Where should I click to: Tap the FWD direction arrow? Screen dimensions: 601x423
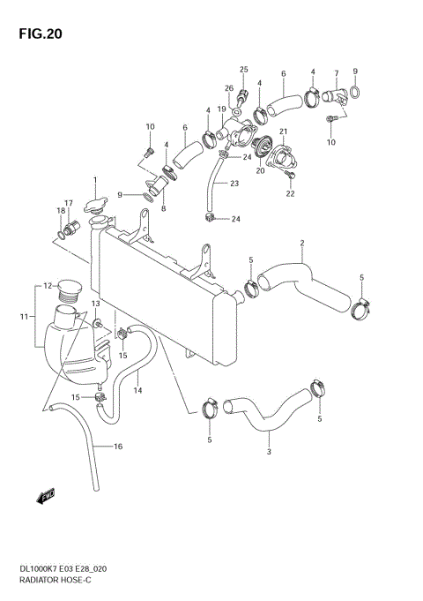click(x=46, y=499)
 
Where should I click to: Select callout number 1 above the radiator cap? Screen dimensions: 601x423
click(x=94, y=180)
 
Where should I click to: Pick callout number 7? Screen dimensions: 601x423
click(x=336, y=73)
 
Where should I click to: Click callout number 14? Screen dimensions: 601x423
click(x=138, y=389)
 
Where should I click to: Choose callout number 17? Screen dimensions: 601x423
click(x=68, y=203)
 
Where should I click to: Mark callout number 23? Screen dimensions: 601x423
click(x=234, y=184)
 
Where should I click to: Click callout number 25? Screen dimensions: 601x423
click(x=244, y=69)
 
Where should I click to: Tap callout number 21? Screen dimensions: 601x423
click(x=285, y=131)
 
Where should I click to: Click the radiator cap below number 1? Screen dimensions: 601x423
click(x=95, y=206)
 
